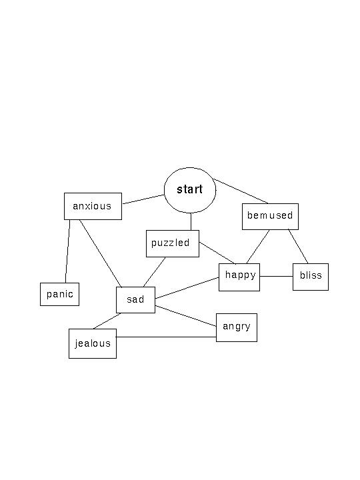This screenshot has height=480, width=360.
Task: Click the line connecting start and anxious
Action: coord(143,199)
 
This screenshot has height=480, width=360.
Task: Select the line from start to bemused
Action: coord(241,191)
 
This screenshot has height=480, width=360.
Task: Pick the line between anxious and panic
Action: coord(67,251)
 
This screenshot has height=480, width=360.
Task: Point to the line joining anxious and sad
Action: coord(101,253)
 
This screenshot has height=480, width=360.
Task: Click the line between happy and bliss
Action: coord(276,277)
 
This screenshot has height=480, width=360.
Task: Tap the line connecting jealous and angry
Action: coord(166,337)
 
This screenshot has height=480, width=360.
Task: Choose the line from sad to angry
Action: coord(185,316)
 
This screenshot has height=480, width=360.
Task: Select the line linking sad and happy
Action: coord(187,288)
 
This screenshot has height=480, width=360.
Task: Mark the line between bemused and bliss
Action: coord(298,247)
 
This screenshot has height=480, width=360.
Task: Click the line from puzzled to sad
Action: coord(154,272)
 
